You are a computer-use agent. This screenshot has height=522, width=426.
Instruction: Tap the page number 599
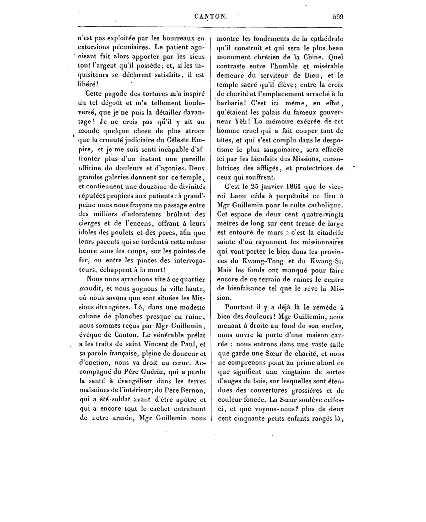(x=338, y=17)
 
